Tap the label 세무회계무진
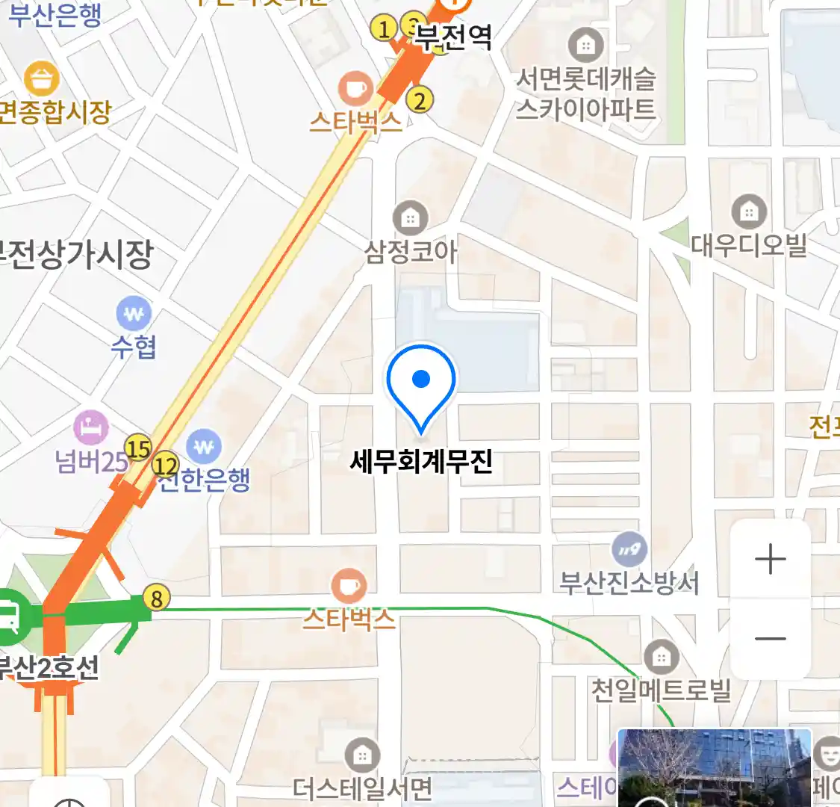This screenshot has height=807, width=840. (421, 462)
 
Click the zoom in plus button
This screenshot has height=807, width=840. (770, 559)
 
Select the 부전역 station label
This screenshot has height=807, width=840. (453, 37)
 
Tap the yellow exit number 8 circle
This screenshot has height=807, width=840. (156, 599)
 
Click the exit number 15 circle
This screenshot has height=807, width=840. (137, 448)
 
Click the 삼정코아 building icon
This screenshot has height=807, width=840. (410, 218)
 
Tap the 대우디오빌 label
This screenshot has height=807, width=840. (748, 245)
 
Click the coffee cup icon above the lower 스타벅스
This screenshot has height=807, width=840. (348, 585)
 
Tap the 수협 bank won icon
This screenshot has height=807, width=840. (134, 315)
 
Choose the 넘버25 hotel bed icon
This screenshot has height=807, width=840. (91, 428)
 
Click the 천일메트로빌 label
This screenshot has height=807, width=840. (660, 689)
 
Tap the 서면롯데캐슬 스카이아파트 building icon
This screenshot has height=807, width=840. (585, 46)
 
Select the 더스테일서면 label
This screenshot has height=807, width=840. (362, 788)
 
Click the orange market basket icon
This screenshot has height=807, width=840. (42, 78)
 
